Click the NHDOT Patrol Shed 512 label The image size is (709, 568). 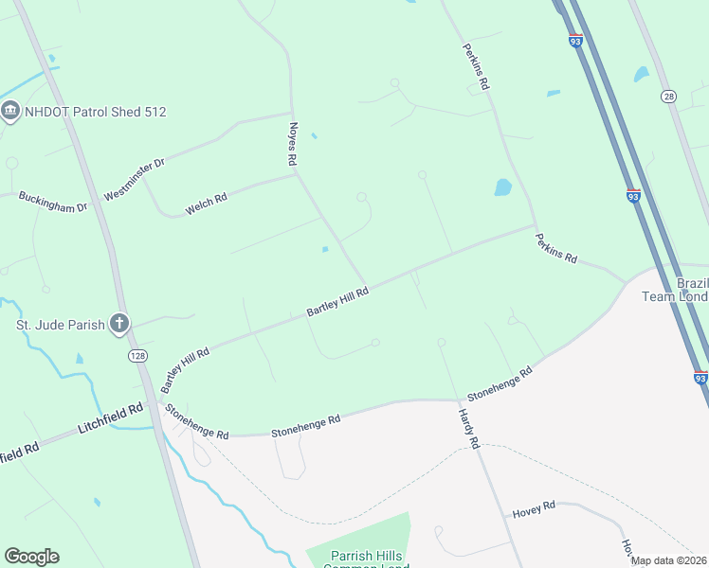[x=95, y=112]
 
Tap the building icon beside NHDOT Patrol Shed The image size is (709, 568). [x=11, y=112]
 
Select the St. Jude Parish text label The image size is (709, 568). [x=59, y=326]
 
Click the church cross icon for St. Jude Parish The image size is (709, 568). [x=119, y=325]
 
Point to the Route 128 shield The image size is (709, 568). [x=138, y=354]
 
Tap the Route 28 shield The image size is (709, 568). [x=669, y=97]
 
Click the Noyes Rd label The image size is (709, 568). [x=293, y=145]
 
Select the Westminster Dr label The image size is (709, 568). [x=134, y=179]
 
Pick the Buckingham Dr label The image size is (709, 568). [x=53, y=201]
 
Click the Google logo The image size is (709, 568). [x=31, y=557]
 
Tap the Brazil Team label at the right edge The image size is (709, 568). [x=691, y=291]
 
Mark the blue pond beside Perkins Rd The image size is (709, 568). [x=503, y=187]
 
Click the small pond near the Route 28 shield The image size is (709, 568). [x=642, y=74]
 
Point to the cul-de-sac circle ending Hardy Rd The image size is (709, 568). [x=441, y=343]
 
